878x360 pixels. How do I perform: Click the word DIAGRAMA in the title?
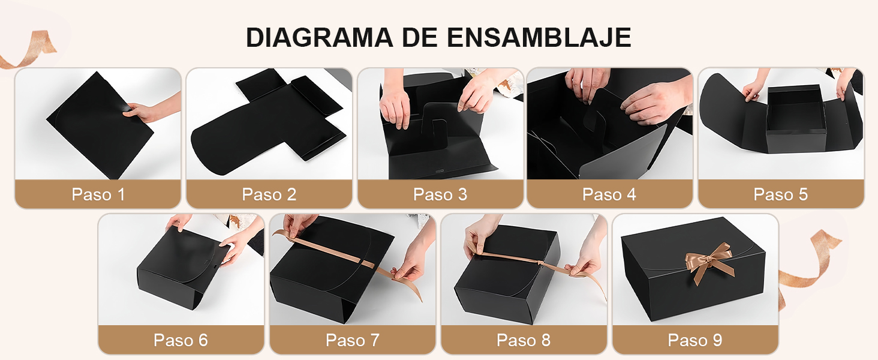pyautogui.click(x=319, y=37)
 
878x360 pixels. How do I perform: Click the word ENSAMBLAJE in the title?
pyautogui.click(x=539, y=37)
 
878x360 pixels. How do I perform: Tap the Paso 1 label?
pyautogui.click(x=98, y=194)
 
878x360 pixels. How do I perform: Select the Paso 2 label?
pyautogui.click(x=269, y=194)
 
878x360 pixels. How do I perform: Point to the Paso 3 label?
pyautogui.click(x=440, y=194)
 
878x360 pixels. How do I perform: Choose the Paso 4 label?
pyautogui.click(x=609, y=194)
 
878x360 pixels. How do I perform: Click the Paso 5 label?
pyautogui.click(x=780, y=194)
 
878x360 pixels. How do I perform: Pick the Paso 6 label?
pyautogui.click(x=181, y=340)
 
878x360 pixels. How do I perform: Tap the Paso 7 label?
pyautogui.click(x=352, y=340)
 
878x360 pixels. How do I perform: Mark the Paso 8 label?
pyautogui.click(x=524, y=340)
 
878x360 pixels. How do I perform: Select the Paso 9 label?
pyautogui.click(x=695, y=340)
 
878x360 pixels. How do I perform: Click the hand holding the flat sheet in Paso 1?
pyautogui.click(x=144, y=111)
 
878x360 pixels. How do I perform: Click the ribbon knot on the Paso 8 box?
pyautogui.click(x=542, y=262)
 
